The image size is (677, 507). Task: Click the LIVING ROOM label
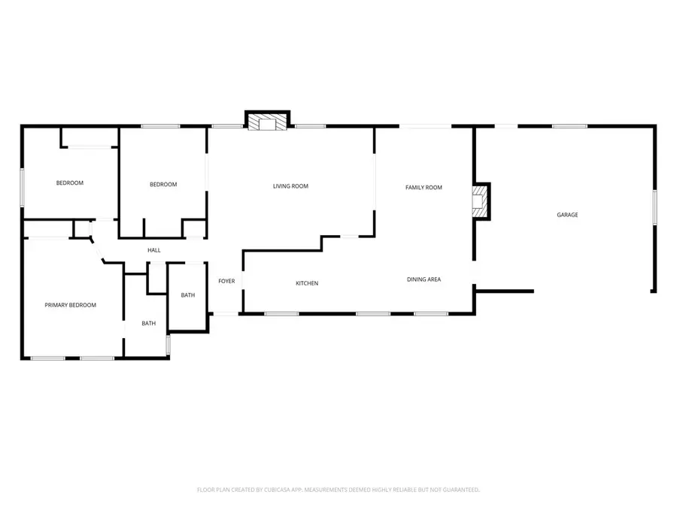(290, 186)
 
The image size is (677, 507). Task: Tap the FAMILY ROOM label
(424, 188)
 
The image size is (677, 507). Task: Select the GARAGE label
(567, 215)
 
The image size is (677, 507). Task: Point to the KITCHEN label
(307, 283)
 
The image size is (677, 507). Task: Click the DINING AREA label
(424, 279)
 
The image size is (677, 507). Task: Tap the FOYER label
(226, 281)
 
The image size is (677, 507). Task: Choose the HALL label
(154, 250)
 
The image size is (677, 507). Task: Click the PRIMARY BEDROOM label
(71, 305)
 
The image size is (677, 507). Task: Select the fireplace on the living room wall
(268, 121)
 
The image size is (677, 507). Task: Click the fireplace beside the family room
(481, 201)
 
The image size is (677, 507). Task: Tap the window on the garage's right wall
(654, 208)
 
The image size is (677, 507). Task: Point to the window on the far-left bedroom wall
(22, 188)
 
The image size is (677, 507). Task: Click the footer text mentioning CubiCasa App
(338, 490)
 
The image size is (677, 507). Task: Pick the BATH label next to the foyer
(188, 295)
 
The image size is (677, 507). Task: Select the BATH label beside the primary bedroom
(148, 323)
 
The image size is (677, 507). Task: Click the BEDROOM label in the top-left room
(70, 183)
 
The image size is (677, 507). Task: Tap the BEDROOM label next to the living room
(163, 185)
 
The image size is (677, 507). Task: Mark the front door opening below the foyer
(226, 314)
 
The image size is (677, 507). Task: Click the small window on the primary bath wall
(168, 345)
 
